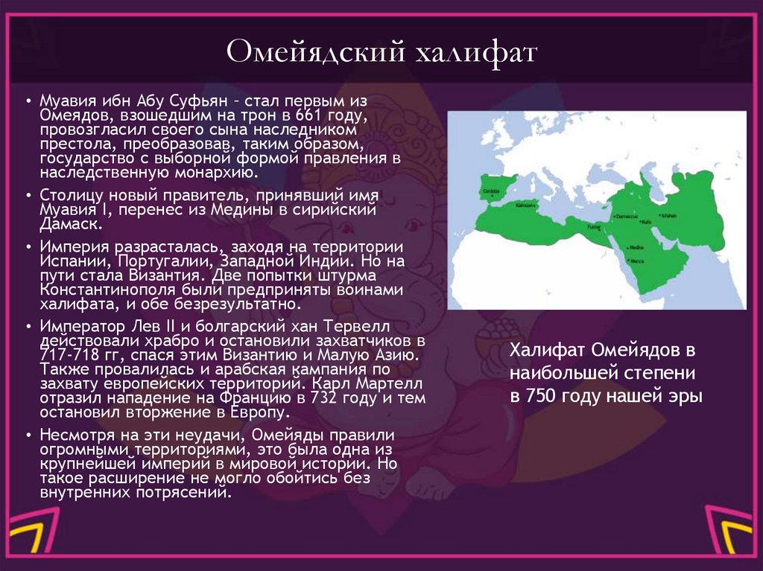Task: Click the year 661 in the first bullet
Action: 308,115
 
